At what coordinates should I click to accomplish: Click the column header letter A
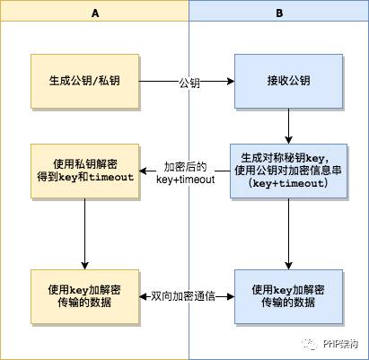click(x=94, y=14)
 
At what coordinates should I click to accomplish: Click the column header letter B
click(x=278, y=14)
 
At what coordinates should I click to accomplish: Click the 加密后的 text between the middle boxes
click(x=185, y=165)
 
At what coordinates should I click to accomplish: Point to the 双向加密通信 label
click(x=187, y=295)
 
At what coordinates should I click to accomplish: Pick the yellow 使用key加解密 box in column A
click(x=84, y=295)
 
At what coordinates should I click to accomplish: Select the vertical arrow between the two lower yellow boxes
click(x=84, y=233)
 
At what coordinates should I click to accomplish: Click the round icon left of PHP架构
click(x=307, y=342)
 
